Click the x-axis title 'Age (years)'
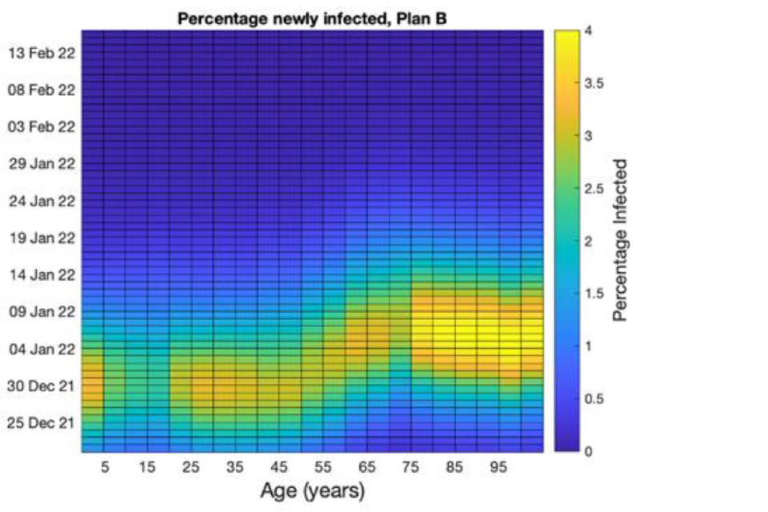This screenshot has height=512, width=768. [x=312, y=489]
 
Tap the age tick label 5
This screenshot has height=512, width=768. [x=104, y=466]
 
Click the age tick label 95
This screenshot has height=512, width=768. [x=498, y=466]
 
